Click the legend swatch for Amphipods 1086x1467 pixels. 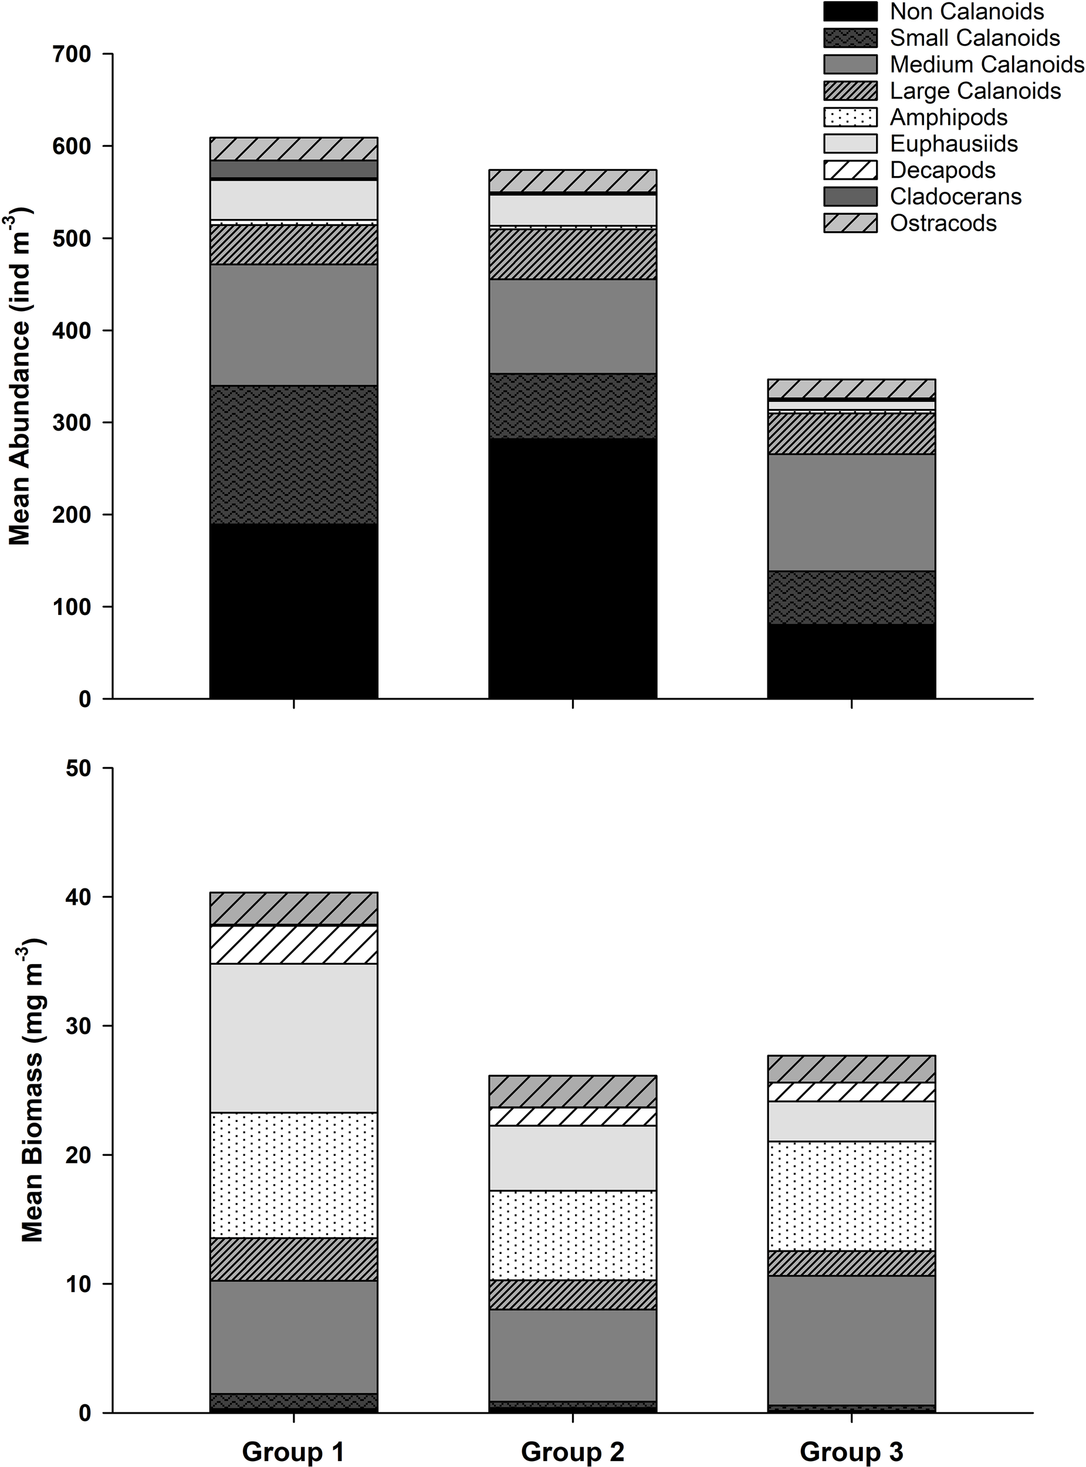pos(850,117)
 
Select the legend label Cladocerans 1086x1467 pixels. pos(955,196)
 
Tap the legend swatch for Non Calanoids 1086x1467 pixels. pos(850,11)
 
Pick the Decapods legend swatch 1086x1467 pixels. pos(850,170)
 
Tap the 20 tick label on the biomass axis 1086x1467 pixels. pos(83,1155)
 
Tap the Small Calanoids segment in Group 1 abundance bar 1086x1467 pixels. pos(293,454)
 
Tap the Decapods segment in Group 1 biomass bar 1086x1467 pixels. pos(293,944)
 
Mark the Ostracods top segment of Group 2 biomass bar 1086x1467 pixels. pos(572,1091)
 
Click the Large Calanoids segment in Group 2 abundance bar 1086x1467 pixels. pos(572,254)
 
